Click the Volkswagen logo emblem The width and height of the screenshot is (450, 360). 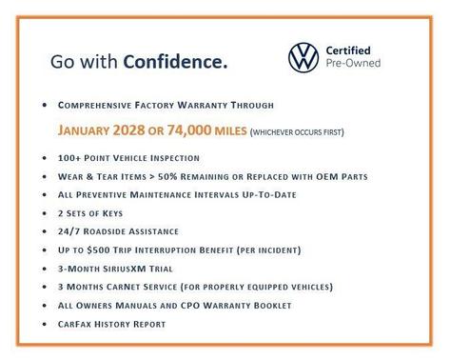pyautogui.click(x=303, y=58)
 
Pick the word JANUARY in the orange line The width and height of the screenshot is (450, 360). pyautogui.click(x=90, y=130)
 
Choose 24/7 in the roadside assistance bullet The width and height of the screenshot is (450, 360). pyautogui.click(x=69, y=231)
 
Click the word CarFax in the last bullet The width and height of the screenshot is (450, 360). pyautogui.click(x=78, y=324)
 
